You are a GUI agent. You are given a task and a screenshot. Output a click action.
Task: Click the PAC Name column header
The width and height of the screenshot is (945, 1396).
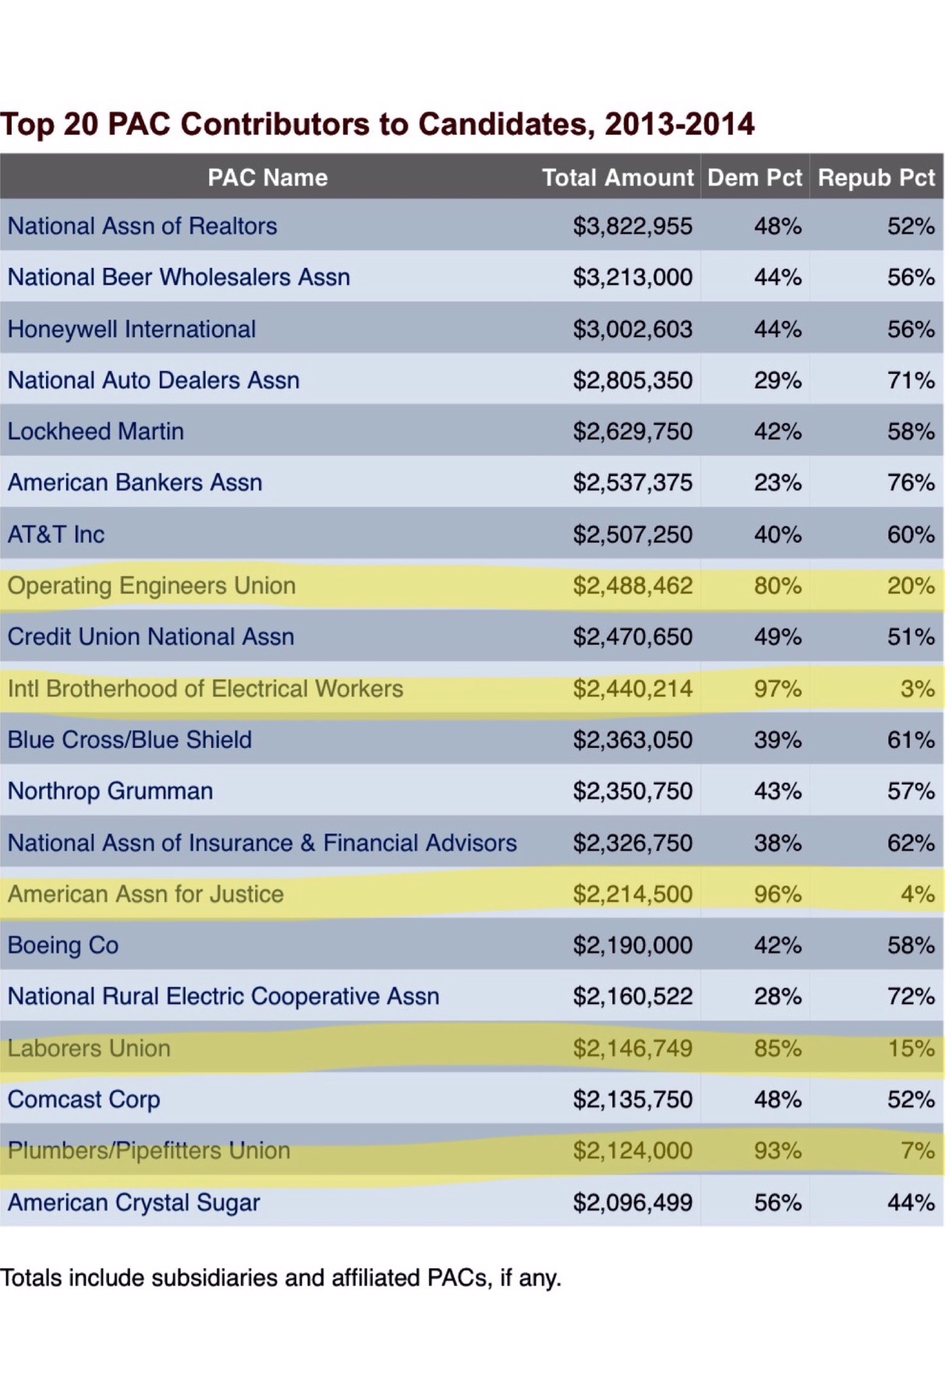point(267,178)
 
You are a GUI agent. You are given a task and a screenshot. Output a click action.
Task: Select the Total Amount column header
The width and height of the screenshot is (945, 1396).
point(617,178)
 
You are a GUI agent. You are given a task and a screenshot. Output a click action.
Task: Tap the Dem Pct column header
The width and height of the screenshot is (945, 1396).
point(754,178)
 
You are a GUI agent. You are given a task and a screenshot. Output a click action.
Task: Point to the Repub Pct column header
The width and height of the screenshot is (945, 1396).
point(876,178)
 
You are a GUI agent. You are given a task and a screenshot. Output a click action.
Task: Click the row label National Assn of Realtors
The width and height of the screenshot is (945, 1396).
point(143,226)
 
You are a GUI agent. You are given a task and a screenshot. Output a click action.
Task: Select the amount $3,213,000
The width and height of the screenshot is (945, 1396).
point(632,277)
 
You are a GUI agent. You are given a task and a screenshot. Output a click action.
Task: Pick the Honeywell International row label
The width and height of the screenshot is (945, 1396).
point(132,329)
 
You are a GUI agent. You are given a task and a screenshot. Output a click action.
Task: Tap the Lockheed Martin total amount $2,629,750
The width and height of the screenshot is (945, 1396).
point(632,432)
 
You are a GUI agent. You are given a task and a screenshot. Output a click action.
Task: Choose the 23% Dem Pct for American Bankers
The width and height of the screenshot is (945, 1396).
point(777,483)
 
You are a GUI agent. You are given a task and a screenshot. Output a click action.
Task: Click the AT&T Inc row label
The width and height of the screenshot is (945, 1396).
point(56,534)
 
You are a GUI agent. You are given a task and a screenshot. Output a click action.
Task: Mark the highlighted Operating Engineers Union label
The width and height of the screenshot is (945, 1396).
point(152,586)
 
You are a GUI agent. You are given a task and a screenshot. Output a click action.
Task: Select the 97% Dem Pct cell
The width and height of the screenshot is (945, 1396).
point(777,689)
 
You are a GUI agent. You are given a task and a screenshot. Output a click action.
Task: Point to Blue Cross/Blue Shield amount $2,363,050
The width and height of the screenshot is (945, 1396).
point(632,740)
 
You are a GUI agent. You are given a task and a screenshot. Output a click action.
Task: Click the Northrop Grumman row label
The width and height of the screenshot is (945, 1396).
point(111,791)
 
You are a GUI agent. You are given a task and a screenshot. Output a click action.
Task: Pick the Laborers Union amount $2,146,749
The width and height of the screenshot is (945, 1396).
point(632,1049)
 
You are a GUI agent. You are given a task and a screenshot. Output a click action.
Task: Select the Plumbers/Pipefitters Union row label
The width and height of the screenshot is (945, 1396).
point(149,1151)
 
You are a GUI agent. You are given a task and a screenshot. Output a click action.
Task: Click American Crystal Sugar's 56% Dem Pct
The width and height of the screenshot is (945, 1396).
point(777,1203)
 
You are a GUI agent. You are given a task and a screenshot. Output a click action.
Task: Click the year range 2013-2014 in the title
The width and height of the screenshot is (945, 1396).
point(679,125)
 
